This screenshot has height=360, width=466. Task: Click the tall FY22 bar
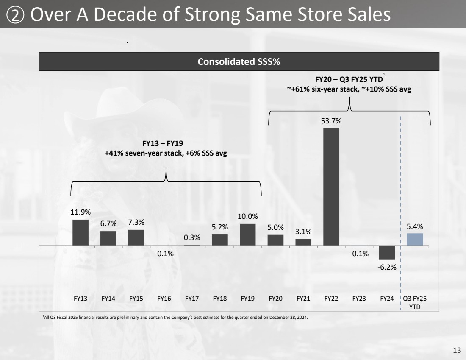coord(331,187)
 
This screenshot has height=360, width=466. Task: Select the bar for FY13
coord(80,232)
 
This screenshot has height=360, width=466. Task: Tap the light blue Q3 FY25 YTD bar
coord(415,239)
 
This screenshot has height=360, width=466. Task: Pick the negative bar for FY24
coord(387,252)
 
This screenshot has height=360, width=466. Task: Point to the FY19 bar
coord(247,234)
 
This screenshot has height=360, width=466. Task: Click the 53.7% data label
coord(331,121)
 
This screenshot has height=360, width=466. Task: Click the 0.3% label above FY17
coord(192,238)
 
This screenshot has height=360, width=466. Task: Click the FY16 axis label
coord(164,298)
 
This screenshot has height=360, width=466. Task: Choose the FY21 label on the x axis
coord(303,298)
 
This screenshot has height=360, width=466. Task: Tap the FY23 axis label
coord(359,298)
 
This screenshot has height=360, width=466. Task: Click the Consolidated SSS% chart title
coord(239,62)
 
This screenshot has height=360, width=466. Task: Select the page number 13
coord(457,350)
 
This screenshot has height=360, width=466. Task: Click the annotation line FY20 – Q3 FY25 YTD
coord(348,79)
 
